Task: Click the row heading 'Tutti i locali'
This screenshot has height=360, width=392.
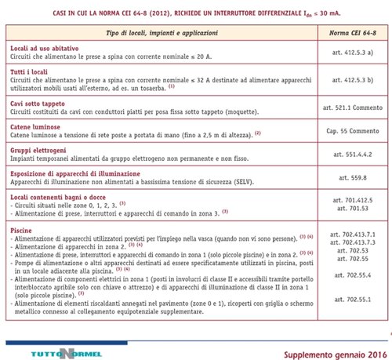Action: click(x=32, y=72)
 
